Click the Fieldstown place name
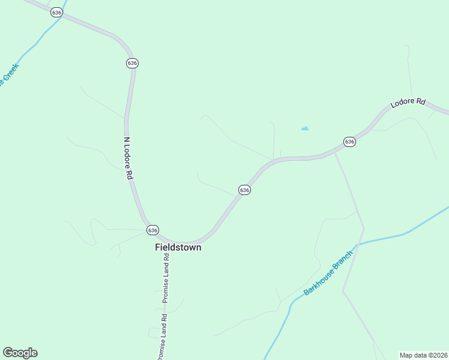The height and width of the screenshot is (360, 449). (178, 247)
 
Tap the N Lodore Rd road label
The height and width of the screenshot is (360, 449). (127, 158)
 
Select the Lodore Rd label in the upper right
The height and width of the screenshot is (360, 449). (408, 103)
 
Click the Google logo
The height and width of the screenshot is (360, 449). (20, 353)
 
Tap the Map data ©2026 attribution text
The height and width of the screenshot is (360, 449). (423, 355)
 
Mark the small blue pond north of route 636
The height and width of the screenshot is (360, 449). (305, 128)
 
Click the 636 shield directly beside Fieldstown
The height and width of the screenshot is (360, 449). (152, 230)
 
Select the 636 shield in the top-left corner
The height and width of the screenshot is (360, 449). (56, 13)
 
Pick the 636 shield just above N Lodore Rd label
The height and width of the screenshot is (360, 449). (132, 63)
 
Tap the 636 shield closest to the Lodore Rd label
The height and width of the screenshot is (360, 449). (349, 142)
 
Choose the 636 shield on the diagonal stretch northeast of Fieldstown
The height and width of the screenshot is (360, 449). (244, 190)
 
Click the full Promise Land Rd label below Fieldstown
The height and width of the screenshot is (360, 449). (166, 278)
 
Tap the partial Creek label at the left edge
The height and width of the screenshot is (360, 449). (9, 75)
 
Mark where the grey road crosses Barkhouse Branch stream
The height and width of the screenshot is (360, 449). (358, 244)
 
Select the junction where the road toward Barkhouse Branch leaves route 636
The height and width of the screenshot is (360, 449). (335, 152)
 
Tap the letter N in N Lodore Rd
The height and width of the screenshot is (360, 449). (125, 139)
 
